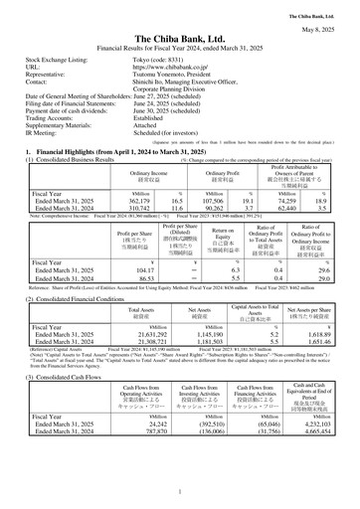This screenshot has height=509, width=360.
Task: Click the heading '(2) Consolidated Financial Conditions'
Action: click(77, 298)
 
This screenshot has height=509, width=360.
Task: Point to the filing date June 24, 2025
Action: click(171, 102)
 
